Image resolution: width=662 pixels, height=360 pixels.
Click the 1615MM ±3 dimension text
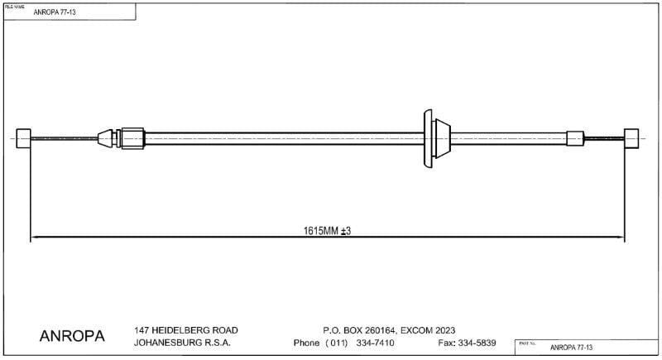tap(328, 231)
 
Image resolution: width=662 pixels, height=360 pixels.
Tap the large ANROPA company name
tap(72, 337)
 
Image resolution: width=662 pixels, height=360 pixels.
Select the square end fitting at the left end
tap(24, 137)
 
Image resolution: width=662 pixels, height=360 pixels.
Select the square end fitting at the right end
tap(631, 137)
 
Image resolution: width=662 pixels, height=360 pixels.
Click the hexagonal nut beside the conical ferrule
tap(132, 137)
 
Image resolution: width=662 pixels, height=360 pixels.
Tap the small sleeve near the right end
tap(576, 137)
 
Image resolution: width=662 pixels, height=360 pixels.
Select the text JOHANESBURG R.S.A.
tap(182, 343)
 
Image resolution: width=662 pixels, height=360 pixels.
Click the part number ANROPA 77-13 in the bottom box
tap(572, 348)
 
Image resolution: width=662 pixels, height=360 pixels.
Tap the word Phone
tap(307, 343)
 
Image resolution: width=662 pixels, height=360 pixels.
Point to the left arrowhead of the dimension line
tap(35, 239)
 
